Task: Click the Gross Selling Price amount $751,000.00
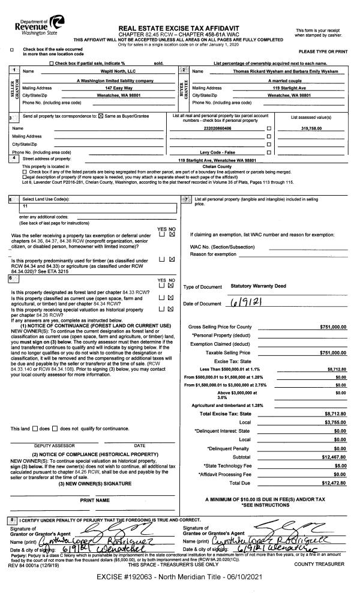[x=334, y=326]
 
